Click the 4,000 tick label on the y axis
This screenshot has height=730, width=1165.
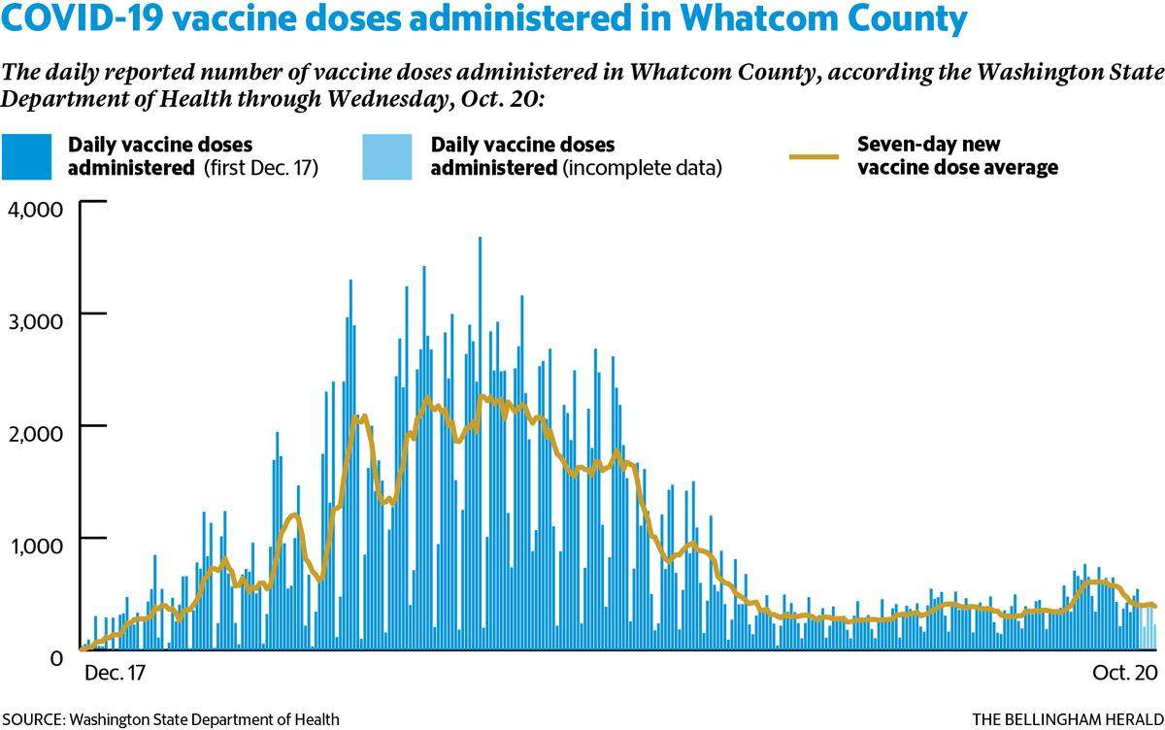[35, 210]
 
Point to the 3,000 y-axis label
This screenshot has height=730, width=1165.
[35, 321]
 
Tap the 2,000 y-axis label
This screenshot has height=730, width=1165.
[35, 433]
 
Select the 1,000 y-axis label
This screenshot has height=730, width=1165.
[35, 546]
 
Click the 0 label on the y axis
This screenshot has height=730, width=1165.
[56, 658]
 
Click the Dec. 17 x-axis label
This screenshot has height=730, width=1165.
[115, 673]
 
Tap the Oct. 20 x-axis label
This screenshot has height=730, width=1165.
[1125, 673]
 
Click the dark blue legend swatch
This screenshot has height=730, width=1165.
[26, 156]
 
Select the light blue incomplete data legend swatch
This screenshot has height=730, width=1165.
[387, 156]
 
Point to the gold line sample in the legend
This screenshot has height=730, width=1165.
[814, 156]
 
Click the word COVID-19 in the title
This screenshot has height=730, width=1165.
[83, 17]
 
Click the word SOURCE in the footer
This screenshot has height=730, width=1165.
[33, 719]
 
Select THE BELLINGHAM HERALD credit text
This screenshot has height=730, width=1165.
[1068, 719]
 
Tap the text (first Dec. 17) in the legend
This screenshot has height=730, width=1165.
[260, 168]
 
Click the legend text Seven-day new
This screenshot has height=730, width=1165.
[929, 144]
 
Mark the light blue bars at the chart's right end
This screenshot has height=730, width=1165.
[1148, 627]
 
